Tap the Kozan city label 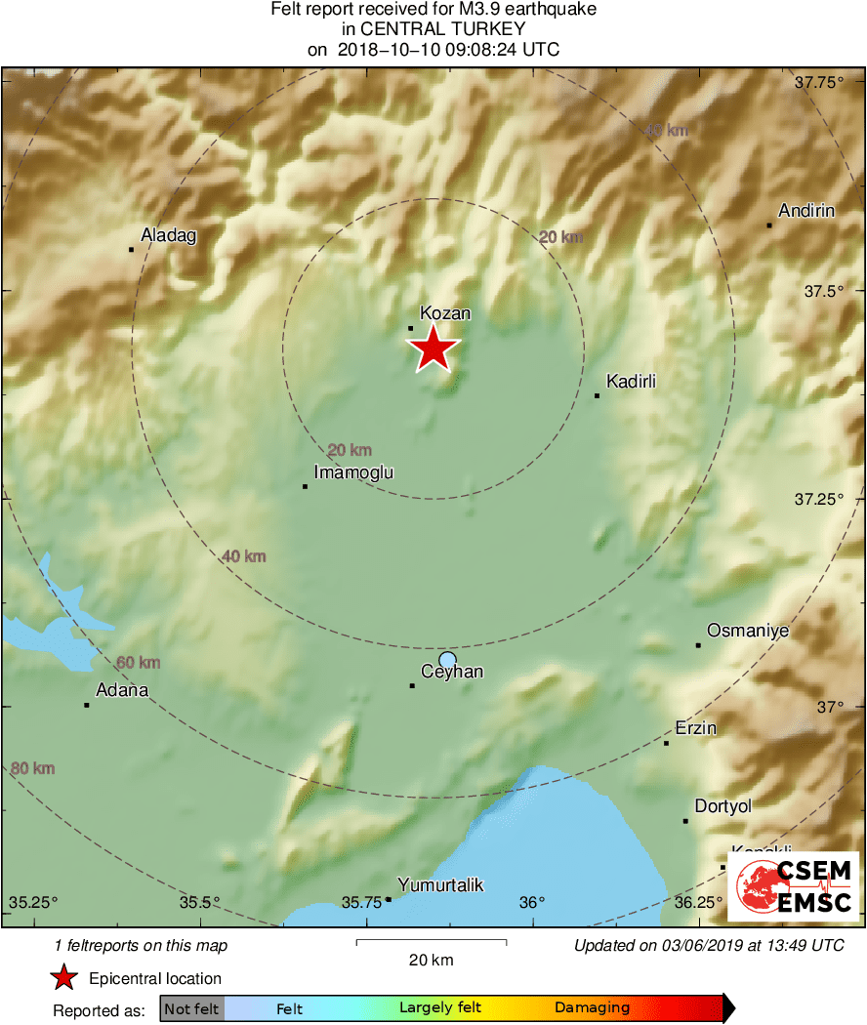coord(445,313)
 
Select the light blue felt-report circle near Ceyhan coord(447,660)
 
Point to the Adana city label coord(121,690)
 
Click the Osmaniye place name coord(747,631)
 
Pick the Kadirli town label coord(632,381)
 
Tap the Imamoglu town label coord(353,472)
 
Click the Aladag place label coord(169,235)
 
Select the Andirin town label coord(805,211)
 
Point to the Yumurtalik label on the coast coord(440,885)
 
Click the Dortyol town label coord(723,806)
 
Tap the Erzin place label coord(696,728)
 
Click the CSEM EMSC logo coord(797,886)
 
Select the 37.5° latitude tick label coord(821,291)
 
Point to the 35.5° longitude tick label coord(201,901)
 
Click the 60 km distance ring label coord(138,663)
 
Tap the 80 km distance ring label coord(32,768)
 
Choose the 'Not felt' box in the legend coord(192,1008)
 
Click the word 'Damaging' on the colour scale coord(592,1007)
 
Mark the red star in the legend coord(64,978)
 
